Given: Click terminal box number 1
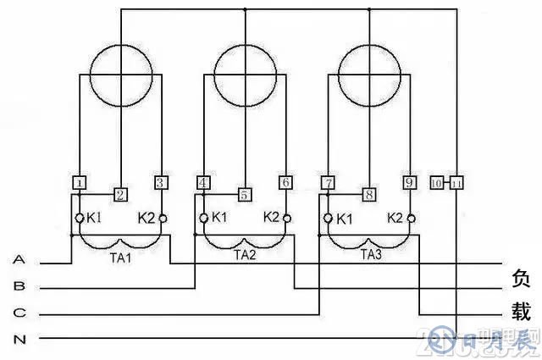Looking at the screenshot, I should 78,183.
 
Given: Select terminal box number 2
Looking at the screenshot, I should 120,195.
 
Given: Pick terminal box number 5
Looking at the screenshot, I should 245,195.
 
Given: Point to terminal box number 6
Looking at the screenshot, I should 285,183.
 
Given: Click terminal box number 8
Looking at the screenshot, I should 368,195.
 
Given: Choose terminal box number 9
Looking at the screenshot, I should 409,183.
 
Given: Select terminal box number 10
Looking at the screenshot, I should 437,183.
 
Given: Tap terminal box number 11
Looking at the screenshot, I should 456,183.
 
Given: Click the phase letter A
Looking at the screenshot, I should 19,260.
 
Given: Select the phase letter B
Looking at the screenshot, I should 19,286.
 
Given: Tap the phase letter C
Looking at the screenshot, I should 19,313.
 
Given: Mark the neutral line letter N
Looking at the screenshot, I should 19,339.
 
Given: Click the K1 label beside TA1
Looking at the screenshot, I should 94,219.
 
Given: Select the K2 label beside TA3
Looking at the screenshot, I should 395,218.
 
